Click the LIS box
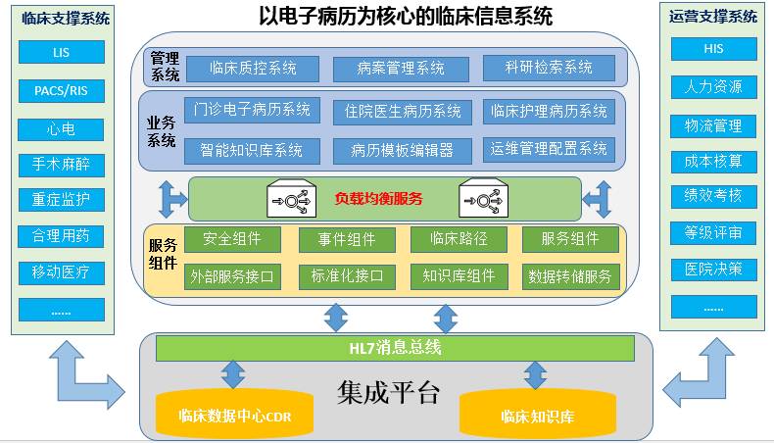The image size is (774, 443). [61, 52]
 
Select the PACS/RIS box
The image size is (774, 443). [61, 91]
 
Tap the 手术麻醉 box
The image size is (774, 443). [61, 165]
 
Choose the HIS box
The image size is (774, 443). [714, 49]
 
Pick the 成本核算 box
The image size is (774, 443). [714, 162]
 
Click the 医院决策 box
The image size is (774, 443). [714, 270]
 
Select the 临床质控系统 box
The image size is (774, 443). [253, 69]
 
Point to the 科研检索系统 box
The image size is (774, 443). [549, 68]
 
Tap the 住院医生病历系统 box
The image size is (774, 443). [403, 112]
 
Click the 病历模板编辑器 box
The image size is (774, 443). [403, 151]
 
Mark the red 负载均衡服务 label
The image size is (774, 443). [378, 199]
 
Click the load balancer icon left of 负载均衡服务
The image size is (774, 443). [291, 199]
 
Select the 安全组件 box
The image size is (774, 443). [232, 239]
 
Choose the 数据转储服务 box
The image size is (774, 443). [570, 276]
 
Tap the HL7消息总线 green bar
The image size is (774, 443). [395, 348]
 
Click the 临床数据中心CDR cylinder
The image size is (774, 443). [234, 413]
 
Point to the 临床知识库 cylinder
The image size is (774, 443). [538, 414]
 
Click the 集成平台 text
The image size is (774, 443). [389, 392]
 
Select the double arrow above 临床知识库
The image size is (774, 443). [535, 375]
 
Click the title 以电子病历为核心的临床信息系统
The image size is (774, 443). [406, 16]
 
